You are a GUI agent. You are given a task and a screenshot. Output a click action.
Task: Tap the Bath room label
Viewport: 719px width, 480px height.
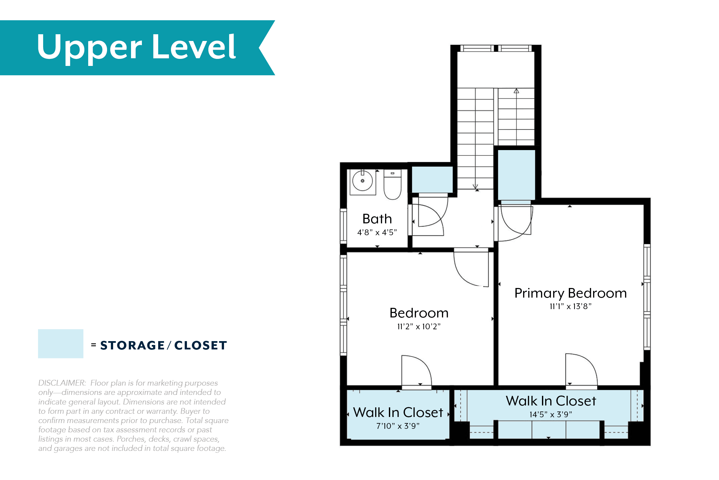pyautogui.click(x=377, y=219)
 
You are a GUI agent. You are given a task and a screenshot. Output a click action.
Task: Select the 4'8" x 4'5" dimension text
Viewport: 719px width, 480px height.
pyautogui.click(x=377, y=233)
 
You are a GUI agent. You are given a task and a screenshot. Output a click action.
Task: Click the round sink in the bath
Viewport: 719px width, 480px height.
pyautogui.click(x=363, y=181)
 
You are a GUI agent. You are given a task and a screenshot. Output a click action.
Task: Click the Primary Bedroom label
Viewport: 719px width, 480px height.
pyautogui.click(x=570, y=293)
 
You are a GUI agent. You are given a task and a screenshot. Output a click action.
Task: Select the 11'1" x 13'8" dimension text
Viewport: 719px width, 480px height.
pyautogui.click(x=570, y=307)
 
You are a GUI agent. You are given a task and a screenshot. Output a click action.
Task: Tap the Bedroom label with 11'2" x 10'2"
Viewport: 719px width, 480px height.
pyautogui.click(x=419, y=313)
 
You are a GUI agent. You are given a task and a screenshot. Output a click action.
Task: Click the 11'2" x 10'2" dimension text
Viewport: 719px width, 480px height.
pyautogui.click(x=419, y=327)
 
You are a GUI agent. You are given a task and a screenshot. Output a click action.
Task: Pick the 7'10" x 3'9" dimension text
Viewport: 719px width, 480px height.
pyautogui.click(x=398, y=426)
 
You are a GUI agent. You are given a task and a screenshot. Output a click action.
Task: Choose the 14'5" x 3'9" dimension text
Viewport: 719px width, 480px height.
pyautogui.click(x=551, y=415)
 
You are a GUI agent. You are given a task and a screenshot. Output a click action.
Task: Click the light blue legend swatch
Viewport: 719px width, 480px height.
pyautogui.click(x=61, y=344)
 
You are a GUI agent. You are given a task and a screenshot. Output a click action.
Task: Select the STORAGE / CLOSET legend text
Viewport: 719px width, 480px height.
pyautogui.click(x=164, y=346)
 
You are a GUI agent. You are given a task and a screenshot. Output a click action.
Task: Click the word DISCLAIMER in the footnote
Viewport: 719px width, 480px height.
pyautogui.click(x=62, y=383)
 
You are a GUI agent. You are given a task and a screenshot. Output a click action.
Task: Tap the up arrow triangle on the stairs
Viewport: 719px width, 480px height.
pyautogui.click(x=516, y=91)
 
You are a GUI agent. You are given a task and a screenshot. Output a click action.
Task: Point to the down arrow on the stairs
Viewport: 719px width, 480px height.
pyautogui.click(x=475, y=186)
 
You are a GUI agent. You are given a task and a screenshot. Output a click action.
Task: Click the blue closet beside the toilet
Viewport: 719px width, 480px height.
pyautogui.click(x=432, y=180)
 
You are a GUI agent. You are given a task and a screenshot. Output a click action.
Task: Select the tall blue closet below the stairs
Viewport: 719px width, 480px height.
pyautogui.click(x=516, y=175)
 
